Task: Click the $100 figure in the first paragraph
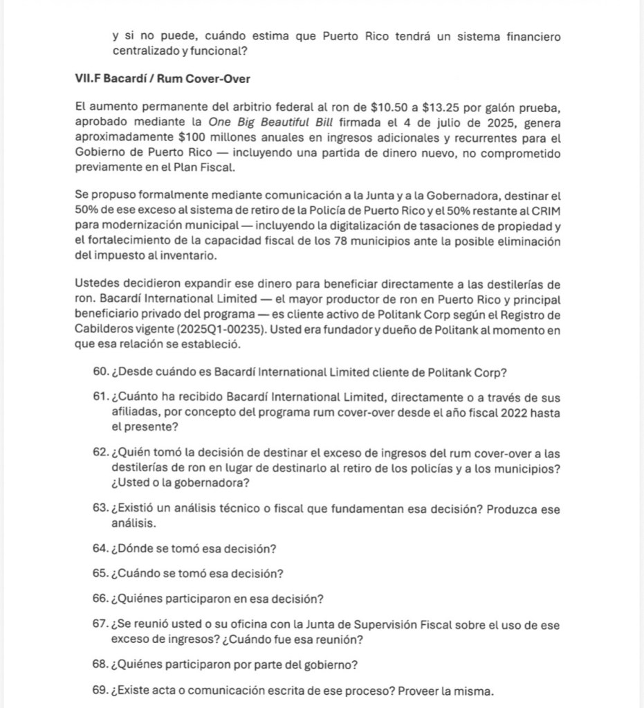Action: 194,138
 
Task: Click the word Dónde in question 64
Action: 138,549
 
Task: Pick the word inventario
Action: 185,255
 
